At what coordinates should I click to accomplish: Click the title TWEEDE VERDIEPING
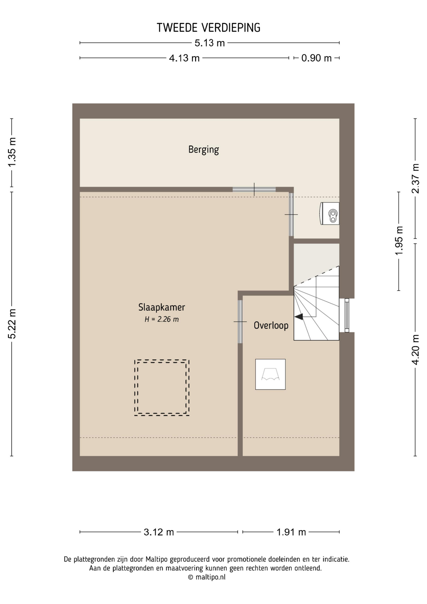click(208, 28)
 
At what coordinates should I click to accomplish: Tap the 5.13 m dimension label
click(210, 43)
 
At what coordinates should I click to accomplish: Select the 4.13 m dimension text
click(184, 58)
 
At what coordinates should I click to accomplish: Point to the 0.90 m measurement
click(316, 58)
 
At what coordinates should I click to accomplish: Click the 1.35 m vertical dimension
click(12, 153)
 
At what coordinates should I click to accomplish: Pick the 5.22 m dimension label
click(12, 324)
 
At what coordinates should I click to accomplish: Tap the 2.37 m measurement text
click(416, 178)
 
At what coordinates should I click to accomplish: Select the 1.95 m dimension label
click(399, 241)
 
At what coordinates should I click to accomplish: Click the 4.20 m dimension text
click(416, 350)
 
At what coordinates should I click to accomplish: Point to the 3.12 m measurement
click(159, 532)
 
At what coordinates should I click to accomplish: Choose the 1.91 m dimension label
click(291, 532)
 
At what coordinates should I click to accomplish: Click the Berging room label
click(203, 150)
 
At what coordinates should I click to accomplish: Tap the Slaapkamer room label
click(162, 307)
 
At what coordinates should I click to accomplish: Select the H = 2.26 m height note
click(162, 319)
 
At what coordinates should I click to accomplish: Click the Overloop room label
click(271, 325)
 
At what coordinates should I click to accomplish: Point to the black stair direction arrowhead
click(299, 317)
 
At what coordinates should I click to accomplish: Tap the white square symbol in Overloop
click(270, 374)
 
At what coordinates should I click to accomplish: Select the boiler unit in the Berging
click(330, 214)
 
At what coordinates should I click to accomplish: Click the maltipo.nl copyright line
click(207, 577)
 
